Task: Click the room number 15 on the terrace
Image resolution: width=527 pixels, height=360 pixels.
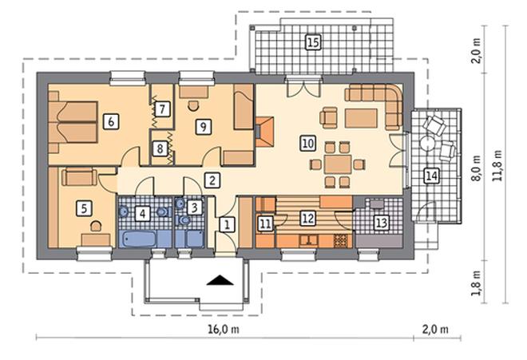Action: pyautogui.click(x=313, y=42)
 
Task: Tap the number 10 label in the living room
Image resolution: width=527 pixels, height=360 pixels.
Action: pyautogui.click(x=308, y=144)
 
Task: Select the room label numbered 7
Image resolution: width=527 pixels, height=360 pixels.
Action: pyautogui.click(x=162, y=109)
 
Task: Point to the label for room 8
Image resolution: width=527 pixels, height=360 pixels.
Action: pyautogui.click(x=160, y=148)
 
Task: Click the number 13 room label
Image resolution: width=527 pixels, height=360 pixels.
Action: pyautogui.click(x=381, y=223)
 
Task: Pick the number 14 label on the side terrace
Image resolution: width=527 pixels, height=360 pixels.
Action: pyautogui.click(x=431, y=176)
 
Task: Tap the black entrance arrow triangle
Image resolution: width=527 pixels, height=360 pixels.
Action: pyautogui.click(x=220, y=280)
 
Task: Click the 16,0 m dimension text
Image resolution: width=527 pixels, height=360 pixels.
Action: pyautogui.click(x=224, y=329)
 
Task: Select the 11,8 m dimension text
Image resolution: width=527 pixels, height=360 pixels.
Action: pyautogui.click(x=497, y=166)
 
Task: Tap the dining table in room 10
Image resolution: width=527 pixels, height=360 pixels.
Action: pyautogui.click(x=338, y=164)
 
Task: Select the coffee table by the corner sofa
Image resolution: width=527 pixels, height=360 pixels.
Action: pyautogui.click(x=361, y=118)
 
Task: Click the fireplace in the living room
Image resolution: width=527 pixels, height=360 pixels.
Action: pyautogui.click(x=264, y=132)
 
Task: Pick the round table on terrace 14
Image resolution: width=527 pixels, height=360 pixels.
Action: pyautogui.click(x=428, y=144)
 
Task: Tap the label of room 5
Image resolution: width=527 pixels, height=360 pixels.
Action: pyautogui.click(x=84, y=208)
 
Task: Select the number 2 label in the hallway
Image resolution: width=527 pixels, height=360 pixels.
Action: pyautogui.click(x=212, y=180)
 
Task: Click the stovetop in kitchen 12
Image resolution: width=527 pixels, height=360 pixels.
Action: pyautogui.click(x=341, y=241)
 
